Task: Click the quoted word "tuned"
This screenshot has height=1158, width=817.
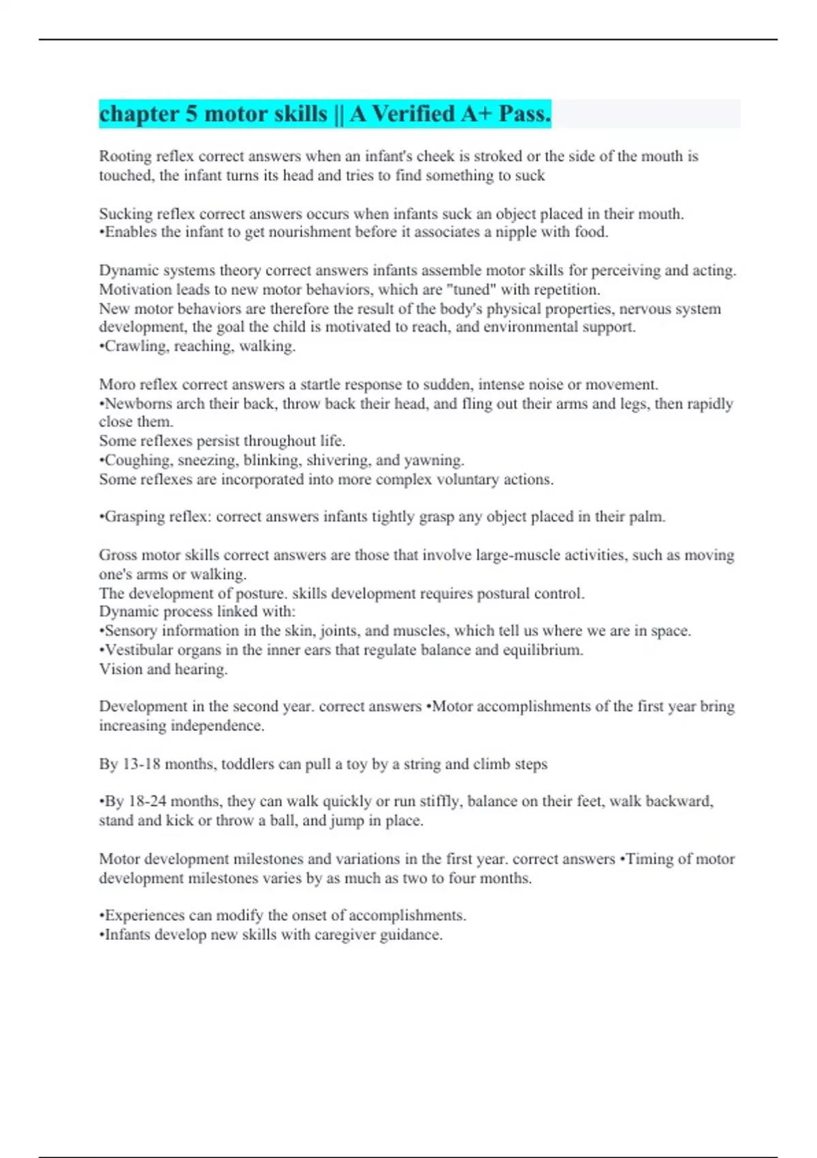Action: coord(471,289)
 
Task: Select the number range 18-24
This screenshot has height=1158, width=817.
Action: coord(148,802)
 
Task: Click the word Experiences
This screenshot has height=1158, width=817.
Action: coord(144,916)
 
